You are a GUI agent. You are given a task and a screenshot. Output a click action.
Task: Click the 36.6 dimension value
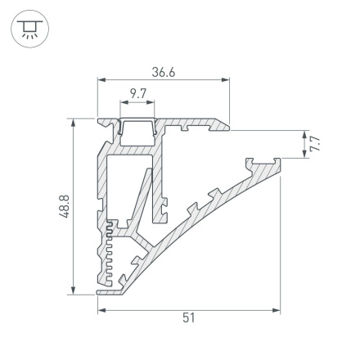pos(163,72)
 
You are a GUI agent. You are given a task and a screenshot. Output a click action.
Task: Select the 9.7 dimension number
pos(137,94)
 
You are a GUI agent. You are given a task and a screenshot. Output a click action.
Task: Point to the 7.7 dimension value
pos(315,145)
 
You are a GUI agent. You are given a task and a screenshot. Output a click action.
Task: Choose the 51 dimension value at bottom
pos(189,319)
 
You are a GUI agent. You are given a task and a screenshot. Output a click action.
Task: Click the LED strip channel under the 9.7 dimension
pos(137,127)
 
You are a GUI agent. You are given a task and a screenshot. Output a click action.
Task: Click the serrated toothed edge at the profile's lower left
pos(106,254)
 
